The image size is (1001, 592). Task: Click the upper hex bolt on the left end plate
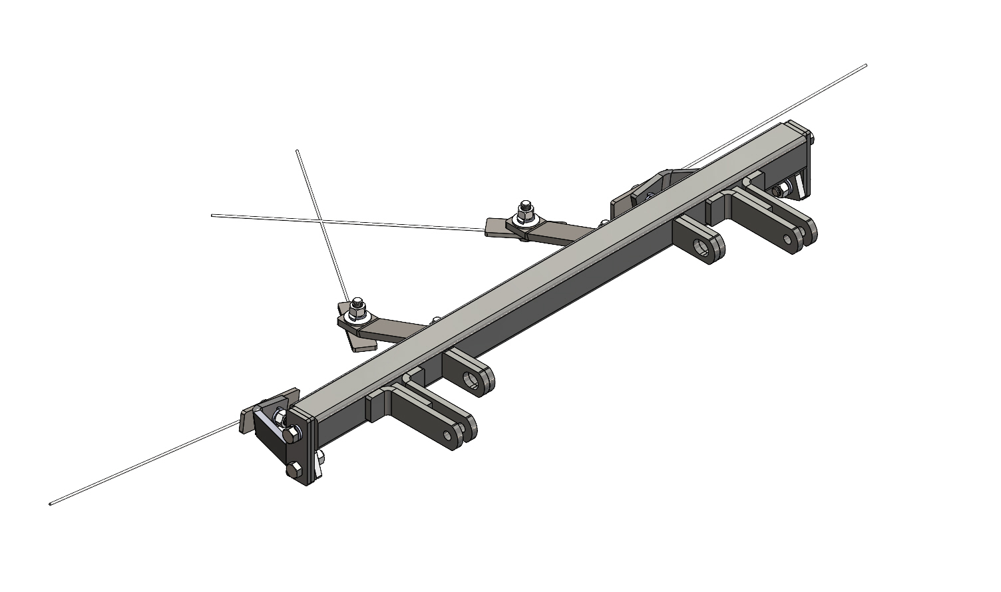click(x=290, y=434)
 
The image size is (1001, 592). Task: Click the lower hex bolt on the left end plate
click(x=294, y=470)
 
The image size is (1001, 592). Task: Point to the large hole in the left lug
click(x=473, y=379)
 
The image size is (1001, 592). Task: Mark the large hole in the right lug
click(x=701, y=248)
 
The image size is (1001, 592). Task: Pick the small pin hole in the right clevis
click(x=788, y=238)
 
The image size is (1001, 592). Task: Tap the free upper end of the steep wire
click(x=298, y=152)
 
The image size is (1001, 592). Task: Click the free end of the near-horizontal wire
click(x=213, y=215)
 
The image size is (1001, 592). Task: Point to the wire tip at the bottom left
click(x=51, y=504)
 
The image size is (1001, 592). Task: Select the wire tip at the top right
click(x=865, y=65)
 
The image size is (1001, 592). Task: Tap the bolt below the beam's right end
click(x=777, y=192)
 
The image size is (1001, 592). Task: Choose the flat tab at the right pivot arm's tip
click(x=497, y=227)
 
